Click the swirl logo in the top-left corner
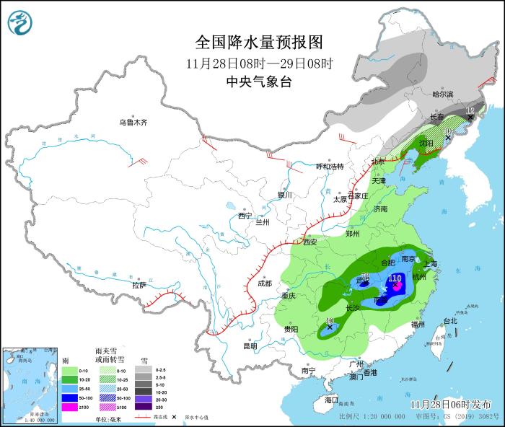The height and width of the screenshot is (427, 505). pos(21,23)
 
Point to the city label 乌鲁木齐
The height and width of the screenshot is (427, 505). pos(133,123)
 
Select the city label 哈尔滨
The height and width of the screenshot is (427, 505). pos(442,94)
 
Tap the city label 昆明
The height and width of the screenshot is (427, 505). pos(250,345)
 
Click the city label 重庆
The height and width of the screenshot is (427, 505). pos(289,296)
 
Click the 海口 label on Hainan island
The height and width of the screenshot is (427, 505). pos(331,400)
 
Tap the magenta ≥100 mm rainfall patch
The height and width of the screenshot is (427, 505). pos(395,286)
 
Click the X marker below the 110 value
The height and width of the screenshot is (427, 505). pos(395,286)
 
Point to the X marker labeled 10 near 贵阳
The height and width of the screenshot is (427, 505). pos(330,327)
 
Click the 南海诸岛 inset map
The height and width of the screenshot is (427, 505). pos(29,383)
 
